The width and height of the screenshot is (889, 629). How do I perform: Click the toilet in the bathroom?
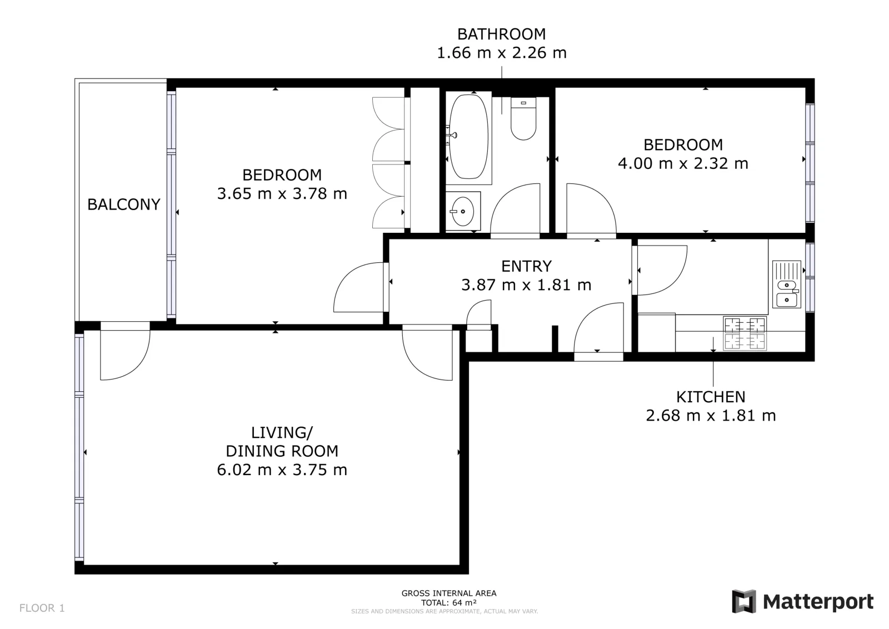point(523,119)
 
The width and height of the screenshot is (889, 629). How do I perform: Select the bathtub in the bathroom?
point(468,137)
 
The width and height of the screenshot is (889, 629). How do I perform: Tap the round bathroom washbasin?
point(463,212)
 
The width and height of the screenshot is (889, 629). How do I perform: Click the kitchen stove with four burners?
point(745,333)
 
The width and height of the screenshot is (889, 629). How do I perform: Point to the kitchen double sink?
point(786,284)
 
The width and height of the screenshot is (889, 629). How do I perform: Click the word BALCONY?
point(124,204)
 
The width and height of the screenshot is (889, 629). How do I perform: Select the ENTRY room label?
point(526,266)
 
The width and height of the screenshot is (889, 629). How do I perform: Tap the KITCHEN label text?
point(711,397)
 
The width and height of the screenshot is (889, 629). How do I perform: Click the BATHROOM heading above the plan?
point(502,34)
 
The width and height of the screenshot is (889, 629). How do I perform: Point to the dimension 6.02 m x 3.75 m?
point(282,470)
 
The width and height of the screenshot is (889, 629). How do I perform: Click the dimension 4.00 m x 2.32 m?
point(683,163)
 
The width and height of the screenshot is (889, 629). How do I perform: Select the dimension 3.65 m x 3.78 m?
point(282,194)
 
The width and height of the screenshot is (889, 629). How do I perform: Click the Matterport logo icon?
point(745,602)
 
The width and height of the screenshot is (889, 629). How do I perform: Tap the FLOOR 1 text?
point(42,608)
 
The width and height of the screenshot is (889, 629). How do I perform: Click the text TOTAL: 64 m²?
point(449,603)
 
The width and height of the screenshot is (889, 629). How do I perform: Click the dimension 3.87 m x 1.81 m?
point(526,285)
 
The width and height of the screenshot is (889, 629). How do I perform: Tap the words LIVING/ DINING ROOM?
point(282,442)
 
